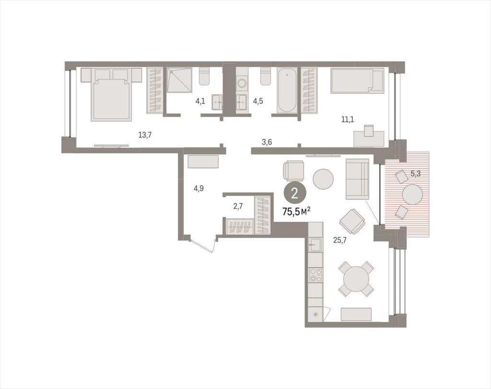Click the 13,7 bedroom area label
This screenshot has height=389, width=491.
(145, 135)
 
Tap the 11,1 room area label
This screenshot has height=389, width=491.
(348, 119)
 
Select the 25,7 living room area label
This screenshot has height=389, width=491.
(340, 240)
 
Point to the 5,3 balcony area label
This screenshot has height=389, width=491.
(415, 174)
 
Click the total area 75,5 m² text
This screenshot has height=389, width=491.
(296, 212)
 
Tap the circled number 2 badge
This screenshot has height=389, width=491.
(294, 194)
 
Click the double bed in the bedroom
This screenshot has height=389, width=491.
(111, 94)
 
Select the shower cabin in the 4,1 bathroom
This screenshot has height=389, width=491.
(179, 80)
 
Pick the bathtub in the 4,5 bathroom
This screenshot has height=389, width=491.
(287, 90)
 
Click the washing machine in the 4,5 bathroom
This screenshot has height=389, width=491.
(242, 83)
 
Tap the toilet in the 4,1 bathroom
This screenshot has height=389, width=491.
(204, 76)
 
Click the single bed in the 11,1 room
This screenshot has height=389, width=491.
(357, 81)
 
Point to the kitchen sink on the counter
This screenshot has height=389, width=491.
(315, 244)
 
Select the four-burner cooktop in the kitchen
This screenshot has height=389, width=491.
(316, 275)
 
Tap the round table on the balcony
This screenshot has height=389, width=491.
(412, 194)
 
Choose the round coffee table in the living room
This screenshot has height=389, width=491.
(324, 179)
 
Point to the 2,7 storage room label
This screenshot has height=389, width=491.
(238, 206)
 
